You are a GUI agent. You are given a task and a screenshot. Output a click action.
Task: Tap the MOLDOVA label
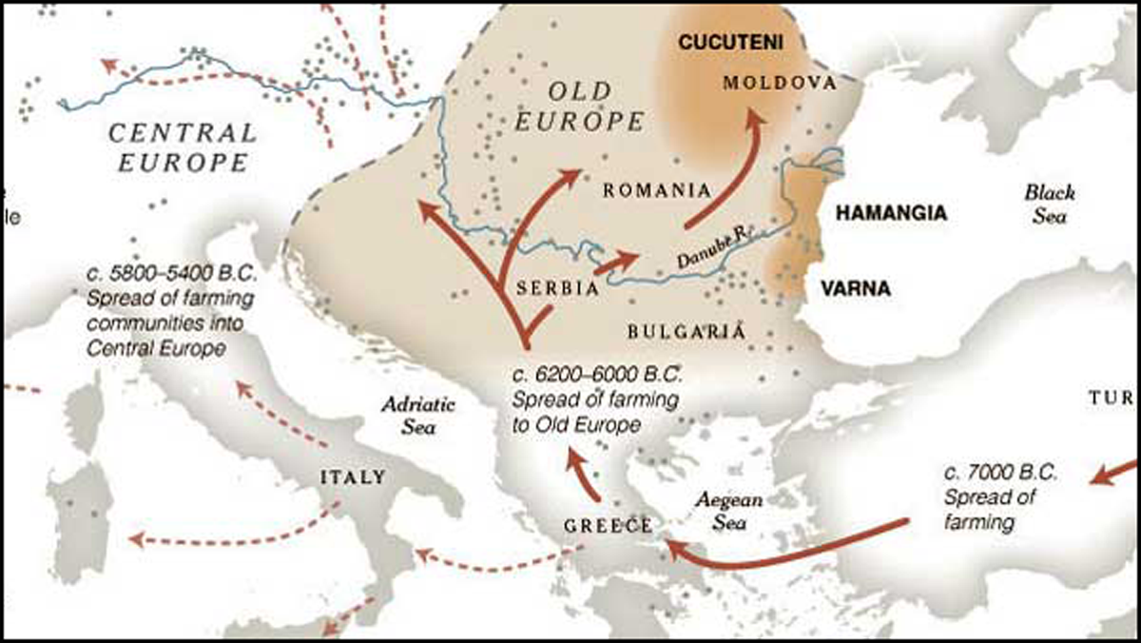[x=779, y=83]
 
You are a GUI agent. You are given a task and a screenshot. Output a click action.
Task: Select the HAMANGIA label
[x=890, y=213]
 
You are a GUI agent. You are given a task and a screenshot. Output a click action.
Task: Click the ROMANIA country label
[x=658, y=189]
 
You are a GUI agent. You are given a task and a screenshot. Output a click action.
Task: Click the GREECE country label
[x=608, y=526]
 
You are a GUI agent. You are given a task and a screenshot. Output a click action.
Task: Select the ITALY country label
[x=354, y=477]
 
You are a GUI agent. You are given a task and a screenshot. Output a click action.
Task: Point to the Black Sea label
[x=1050, y=204]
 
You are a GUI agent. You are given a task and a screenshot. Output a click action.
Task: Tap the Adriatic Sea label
[x=418, y=415]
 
